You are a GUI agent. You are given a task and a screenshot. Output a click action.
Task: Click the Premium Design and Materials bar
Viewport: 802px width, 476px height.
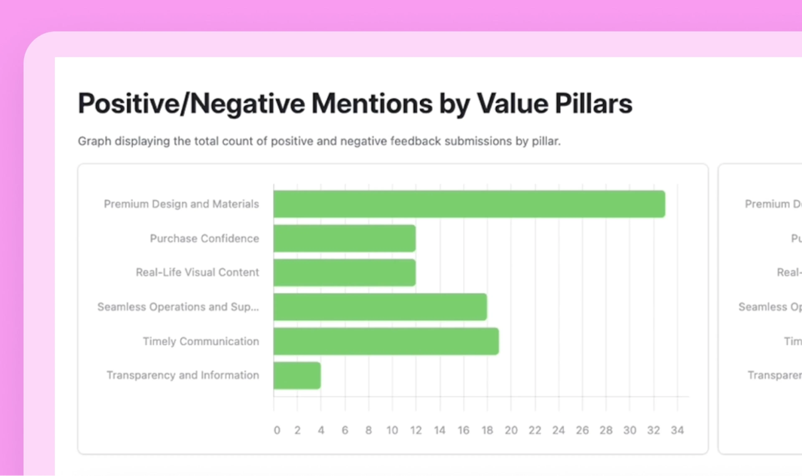click(469, 204)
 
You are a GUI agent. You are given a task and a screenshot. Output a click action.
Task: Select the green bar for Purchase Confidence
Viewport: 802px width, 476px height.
click(344, 238)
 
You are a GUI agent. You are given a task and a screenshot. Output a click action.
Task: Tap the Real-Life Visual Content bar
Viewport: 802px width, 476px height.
click(344, 272)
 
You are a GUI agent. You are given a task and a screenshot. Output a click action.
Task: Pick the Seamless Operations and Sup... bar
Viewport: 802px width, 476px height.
click(380, 307)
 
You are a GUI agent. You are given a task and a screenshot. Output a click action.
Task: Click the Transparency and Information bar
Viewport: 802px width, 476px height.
click(297, 375)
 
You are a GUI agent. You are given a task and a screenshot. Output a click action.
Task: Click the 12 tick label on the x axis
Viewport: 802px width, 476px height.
click(416, 430)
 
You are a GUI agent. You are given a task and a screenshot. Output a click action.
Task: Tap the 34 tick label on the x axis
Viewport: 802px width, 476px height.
click(677, 430)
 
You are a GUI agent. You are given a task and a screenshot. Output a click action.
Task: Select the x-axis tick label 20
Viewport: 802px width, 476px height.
click(511, 430)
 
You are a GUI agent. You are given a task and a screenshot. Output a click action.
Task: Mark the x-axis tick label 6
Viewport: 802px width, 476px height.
click(345, 430)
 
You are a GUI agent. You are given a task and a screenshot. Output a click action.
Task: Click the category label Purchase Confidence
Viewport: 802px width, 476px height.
click(204, 238)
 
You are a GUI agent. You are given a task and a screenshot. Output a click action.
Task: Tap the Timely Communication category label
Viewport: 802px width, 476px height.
click(201, 341)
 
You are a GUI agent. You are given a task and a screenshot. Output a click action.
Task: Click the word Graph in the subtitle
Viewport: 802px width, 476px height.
click(95, 141)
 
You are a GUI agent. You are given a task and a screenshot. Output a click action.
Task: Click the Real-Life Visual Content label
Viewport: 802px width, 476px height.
click(197, 272)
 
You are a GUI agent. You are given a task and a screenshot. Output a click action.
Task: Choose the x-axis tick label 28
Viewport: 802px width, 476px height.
click(606, 430)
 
